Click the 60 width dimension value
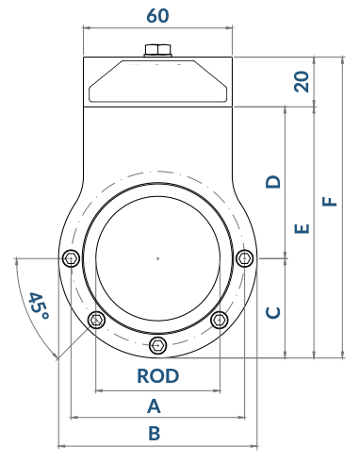[x=157, y=16]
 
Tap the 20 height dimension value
[x=302, y=82]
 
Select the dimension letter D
[x=273, y=182]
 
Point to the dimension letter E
[x=303, y=228]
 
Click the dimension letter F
[x=330, y=201]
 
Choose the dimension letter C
[x=273, y=312]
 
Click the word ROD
[x=158, y=375]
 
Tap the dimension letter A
[x=154, y=405]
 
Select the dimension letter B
[x=155, y=433]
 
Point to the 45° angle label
[x=39, y=306]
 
